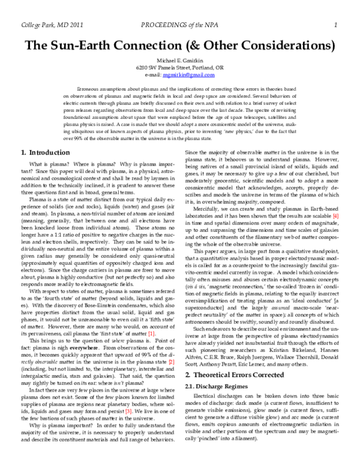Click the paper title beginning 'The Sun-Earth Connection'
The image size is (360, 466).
(x=180, y=46)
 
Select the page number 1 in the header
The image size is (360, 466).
(x=337, y=24)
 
